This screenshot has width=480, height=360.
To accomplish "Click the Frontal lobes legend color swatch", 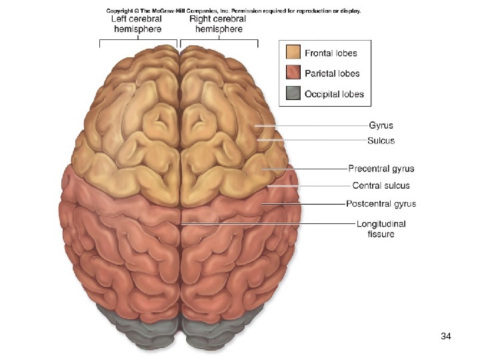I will [293, 53].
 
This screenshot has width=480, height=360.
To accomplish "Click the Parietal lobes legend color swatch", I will [293, 73].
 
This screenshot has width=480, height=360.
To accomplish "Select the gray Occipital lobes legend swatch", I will [293, 94].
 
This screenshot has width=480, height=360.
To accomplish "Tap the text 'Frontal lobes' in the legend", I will [331, 53].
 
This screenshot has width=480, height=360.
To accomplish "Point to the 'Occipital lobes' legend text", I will [334, 94].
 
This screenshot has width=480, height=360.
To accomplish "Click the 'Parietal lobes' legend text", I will [332, 73].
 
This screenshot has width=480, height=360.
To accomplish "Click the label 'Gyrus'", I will [381, 125].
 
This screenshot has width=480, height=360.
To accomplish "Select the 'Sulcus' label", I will [381, 141].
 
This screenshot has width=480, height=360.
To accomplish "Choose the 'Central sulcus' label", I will [381, 186].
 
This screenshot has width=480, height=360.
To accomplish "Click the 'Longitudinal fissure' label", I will [381, 229].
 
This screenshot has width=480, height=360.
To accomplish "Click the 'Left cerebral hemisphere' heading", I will [136, 24].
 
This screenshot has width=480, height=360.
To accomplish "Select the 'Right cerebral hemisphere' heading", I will [218, 24].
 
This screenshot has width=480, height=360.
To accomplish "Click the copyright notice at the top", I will [233, 10].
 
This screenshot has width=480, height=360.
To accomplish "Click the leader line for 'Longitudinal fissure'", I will [267, 224].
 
